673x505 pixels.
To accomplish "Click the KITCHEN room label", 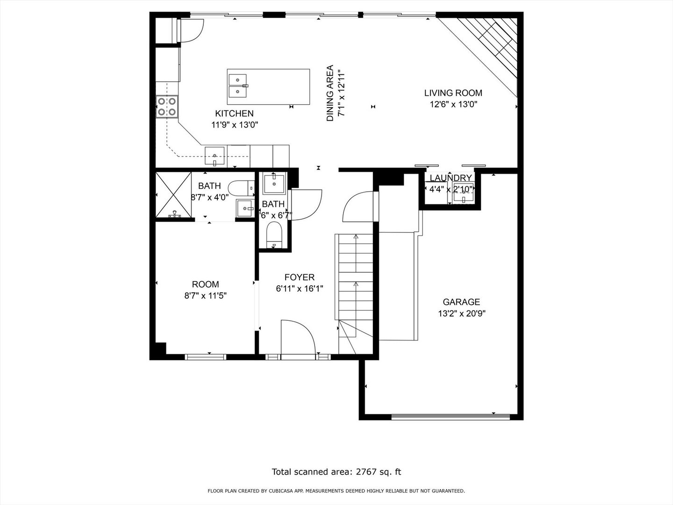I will click(x=234, y=113).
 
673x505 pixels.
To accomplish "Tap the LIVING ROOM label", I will click(x=453, y=93).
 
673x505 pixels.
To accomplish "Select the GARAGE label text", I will click(x=461, y=302).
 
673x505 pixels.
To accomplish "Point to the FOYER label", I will click(x=299, y=277).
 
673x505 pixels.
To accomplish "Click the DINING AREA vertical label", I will click(x=330, y=94).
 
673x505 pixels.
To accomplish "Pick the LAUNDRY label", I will click(x=451, y=178).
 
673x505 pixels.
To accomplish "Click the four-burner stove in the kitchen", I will click(x=167, y=106).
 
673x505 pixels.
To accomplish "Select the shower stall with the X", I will click(x=173, y=195).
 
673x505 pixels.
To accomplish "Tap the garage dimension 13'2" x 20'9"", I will click(x=461, y=314).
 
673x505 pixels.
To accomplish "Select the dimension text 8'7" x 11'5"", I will click(x=206, y=296).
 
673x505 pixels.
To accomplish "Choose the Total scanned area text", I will click(x=336, y=472).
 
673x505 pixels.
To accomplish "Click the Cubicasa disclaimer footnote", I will click(x=336, y=491).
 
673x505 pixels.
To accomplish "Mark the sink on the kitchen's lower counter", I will click(x=215, y=156).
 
